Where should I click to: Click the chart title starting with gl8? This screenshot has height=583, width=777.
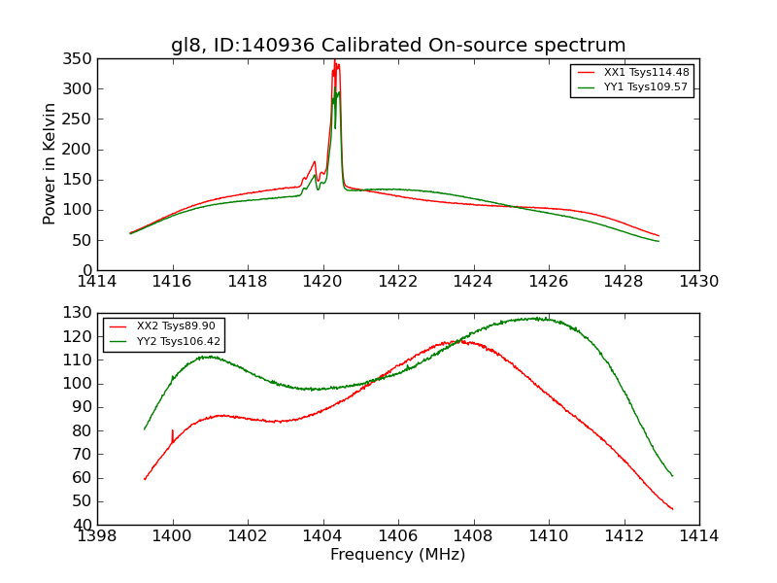[398, 46]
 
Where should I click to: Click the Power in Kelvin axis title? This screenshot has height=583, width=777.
[50, 163]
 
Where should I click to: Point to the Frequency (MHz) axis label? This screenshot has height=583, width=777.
[397, 555]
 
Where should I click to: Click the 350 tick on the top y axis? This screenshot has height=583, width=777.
[81, 59]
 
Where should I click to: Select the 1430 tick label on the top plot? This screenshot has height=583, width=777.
[698, 282]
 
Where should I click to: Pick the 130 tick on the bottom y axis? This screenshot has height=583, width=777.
[81, 313]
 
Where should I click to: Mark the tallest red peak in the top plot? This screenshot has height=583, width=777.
[334, 62]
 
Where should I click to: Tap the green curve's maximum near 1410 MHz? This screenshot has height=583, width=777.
[536, 318]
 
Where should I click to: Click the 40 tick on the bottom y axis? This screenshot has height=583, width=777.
[84, 525]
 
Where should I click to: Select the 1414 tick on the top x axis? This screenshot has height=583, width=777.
[97, 282]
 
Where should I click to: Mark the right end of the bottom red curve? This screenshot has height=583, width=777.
[672, 509]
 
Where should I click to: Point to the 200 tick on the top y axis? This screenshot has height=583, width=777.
[81, 150]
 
